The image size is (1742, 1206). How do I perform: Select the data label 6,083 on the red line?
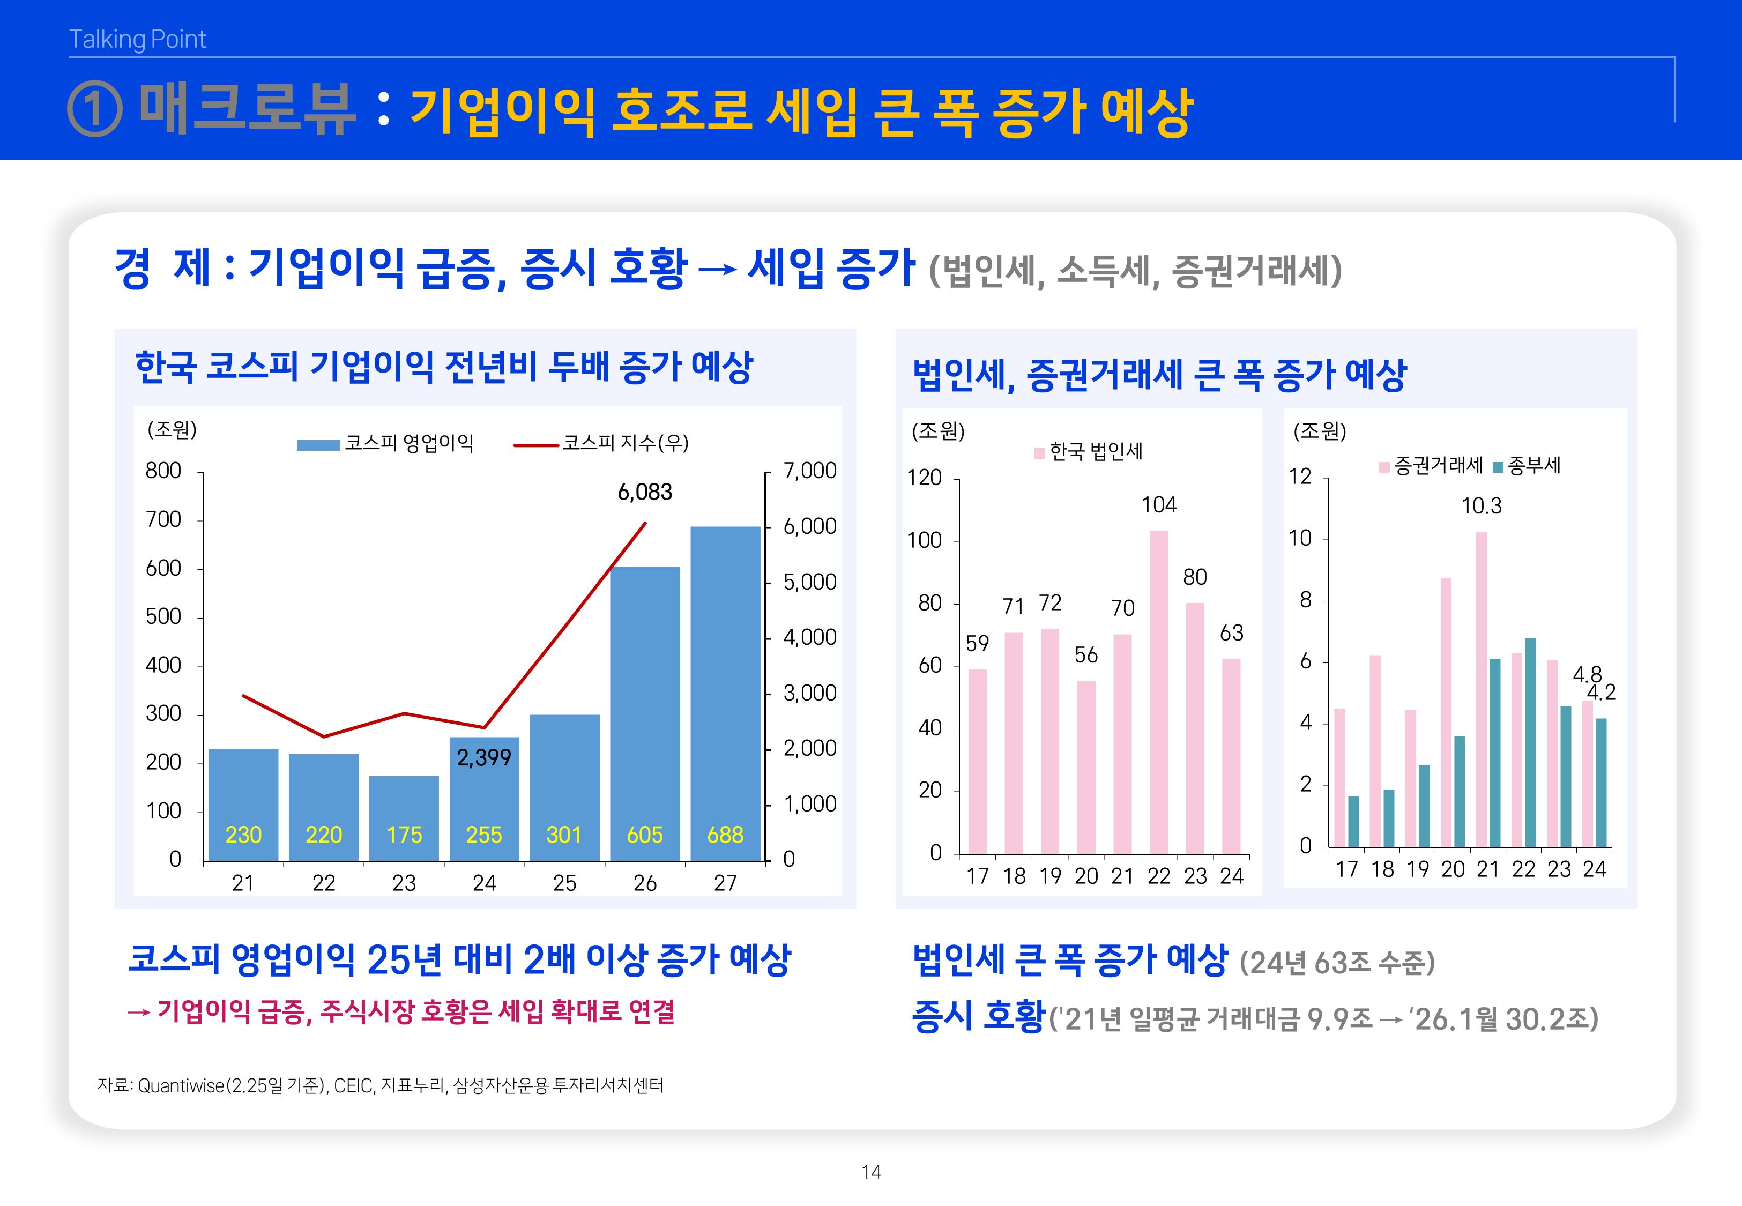pyautogui.click(x=644, y=492)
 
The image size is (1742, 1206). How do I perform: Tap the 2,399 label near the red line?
pyautogui.click(x=483, y=757)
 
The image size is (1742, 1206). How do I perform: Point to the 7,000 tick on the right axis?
pyautogui.click(x=809, y=471)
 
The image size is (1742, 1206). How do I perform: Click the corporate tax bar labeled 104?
pyautogui.click(x=1158, y=691)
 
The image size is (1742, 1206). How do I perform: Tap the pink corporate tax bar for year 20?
pyautogui.click(x=1085, y=767)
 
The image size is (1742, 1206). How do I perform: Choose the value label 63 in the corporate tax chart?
pyautogui.click(x=1231, y=632)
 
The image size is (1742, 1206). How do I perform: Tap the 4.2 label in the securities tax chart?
pyautogui.click(x=1600, y=692)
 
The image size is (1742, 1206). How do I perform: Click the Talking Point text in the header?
pyautogui.click(x=138, y=39)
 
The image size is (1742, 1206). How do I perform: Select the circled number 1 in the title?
pyautogui.click(x=94, y=109)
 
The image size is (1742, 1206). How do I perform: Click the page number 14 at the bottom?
pyautogui.click(x=871, y=1172)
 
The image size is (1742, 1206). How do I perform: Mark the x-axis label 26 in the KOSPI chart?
pyautogui.click(x=644, y=883)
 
